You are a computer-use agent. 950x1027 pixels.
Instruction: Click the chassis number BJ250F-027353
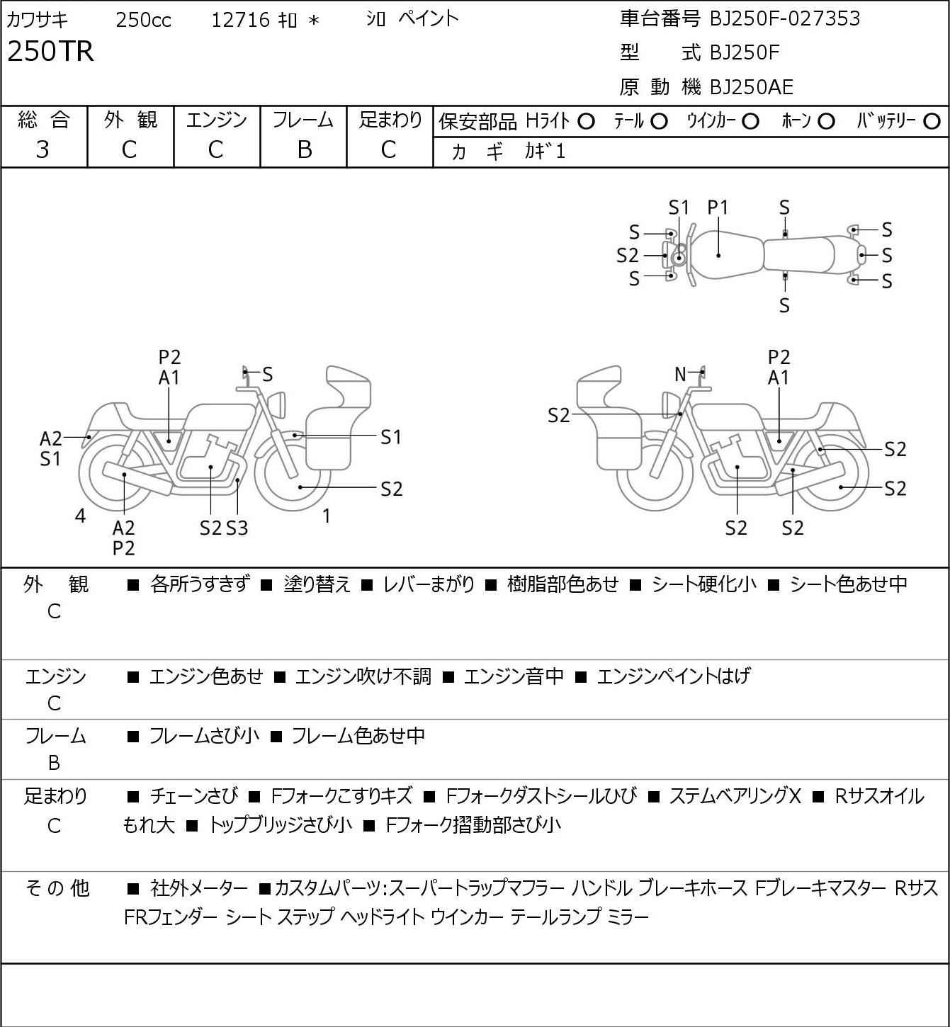[x=785, y=18]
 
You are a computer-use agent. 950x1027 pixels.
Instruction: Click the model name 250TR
[x=50, y=52]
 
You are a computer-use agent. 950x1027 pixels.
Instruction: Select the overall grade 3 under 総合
[x=43, y=149]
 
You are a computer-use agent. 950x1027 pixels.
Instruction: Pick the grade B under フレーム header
[x=303, y=149]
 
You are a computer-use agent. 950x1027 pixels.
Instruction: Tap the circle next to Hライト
[x=586, y=122]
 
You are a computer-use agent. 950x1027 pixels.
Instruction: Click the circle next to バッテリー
[x=932, y=122]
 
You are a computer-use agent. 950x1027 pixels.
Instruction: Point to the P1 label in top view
[x=718, y=208]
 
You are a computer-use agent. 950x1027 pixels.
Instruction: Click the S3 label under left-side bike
[x=237, y=528]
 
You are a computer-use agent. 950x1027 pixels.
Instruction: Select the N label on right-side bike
[x=680, y=374]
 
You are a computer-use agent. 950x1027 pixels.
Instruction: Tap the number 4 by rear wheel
[x=80, y=516]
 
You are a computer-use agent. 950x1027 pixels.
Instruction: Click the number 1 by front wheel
[x=326, y=516]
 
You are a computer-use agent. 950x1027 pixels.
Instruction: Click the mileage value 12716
[x=240, y=20]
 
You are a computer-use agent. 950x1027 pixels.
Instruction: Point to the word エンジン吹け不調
[x=363, y=676]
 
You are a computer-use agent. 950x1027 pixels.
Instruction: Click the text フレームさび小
[x=204, y=736]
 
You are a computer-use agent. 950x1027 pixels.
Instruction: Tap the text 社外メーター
[x=199, y=888]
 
